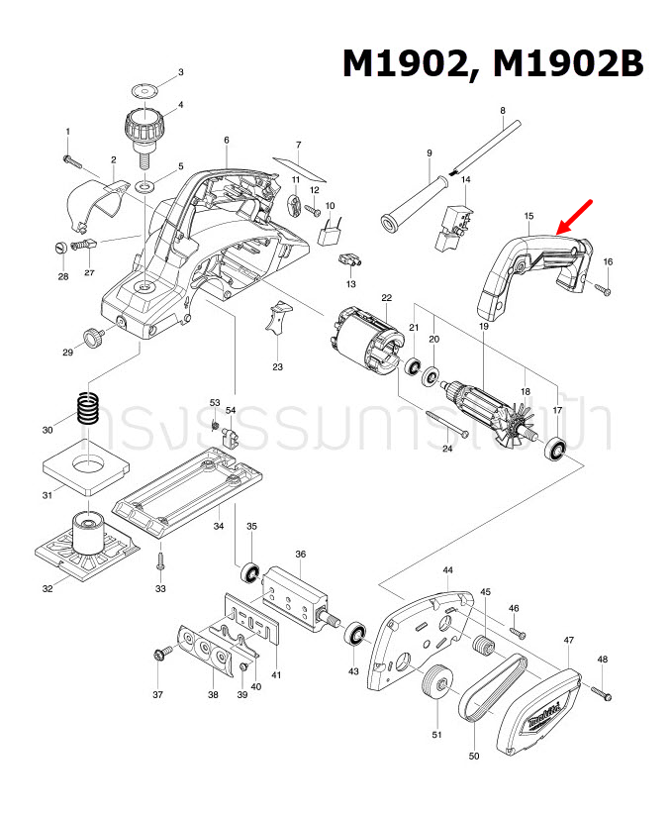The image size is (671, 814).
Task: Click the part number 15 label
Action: pyautogui.click(x=528, y=215)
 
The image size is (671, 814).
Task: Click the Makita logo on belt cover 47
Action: pyautogui.click(x=542, y=710)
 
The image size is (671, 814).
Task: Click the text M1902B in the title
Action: pyautogui.click(x=568, y=64)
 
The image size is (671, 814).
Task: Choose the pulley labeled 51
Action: pyautogui.click(x=434, y=685)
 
